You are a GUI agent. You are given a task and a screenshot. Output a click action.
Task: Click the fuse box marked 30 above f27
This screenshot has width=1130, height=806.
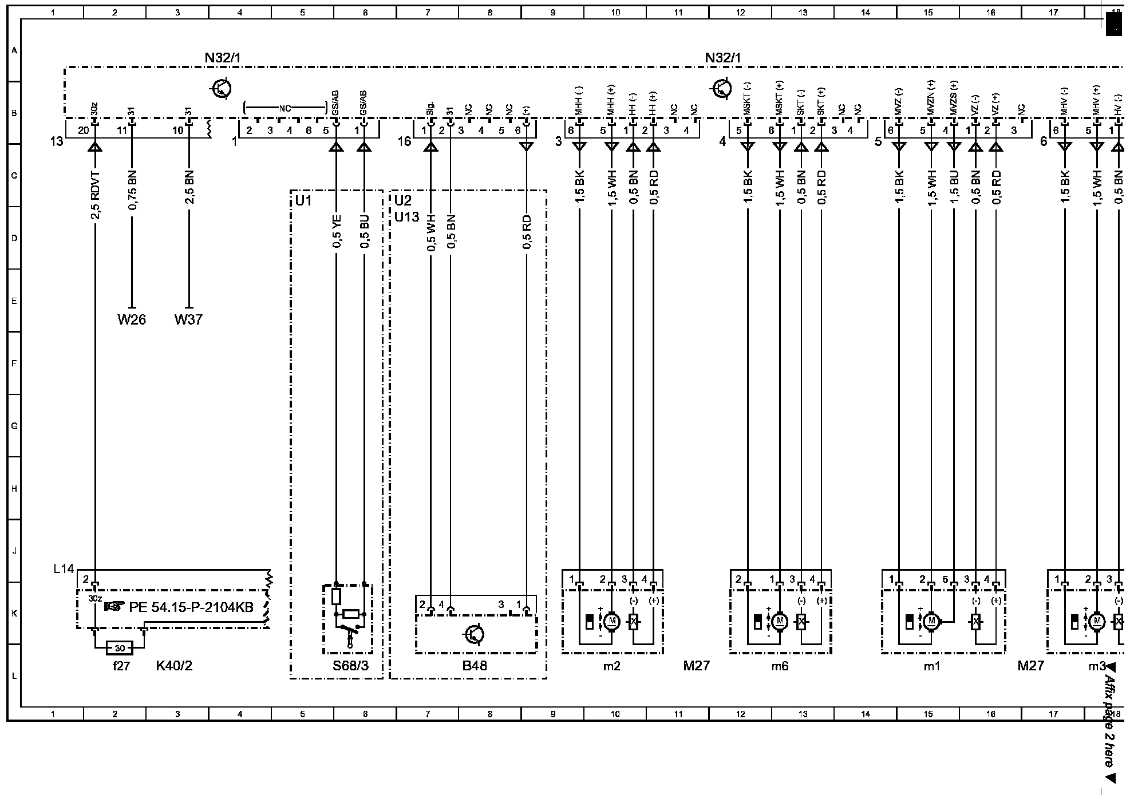coord(120,648)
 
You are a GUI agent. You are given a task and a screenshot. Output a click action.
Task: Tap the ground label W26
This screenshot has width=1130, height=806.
coord(132,319)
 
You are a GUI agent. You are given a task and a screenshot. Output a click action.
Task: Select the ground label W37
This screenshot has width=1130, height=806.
coord(188,319)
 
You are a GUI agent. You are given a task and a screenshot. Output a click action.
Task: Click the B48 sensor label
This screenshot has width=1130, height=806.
coord(475,666)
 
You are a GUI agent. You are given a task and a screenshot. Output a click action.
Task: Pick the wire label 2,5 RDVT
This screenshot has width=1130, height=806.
coord(96,195)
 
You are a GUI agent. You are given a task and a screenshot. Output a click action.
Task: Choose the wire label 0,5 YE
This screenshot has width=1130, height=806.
coord(337,231)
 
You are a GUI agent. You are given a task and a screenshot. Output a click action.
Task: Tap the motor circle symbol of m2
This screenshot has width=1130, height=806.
coord(611,621)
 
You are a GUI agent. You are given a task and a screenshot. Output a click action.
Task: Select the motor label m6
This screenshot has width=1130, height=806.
coord(780,666)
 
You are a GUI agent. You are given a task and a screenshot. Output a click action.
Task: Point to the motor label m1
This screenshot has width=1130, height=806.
coord(931,666)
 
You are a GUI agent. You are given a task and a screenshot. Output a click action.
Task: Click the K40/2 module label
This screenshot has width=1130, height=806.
coord(175,666)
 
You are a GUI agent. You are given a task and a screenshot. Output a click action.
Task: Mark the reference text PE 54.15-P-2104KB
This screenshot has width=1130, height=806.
coord(191,607)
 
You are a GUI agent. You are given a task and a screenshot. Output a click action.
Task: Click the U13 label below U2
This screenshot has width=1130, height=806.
coord(406,217)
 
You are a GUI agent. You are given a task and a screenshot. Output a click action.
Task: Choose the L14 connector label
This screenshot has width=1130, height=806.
coord(64,569)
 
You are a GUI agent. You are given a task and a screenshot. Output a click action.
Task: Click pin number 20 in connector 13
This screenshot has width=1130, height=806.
coord(84,131)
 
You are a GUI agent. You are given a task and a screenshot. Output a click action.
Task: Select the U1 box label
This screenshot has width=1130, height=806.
coord(303,200)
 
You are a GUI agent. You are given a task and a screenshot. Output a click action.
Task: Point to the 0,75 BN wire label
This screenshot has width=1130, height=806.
coord(132,190)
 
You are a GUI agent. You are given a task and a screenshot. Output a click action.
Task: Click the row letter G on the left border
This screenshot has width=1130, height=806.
coord(14,426)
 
